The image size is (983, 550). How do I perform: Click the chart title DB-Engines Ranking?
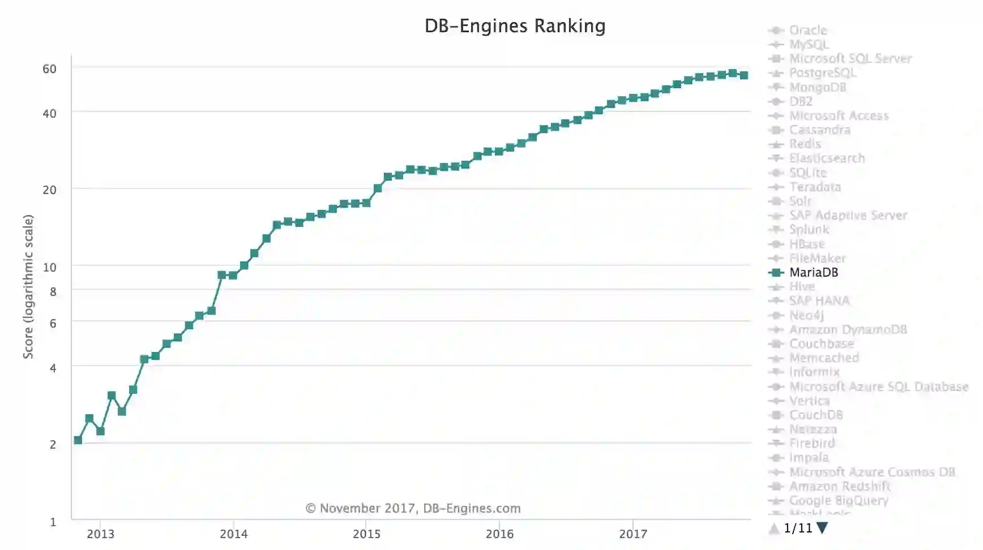pos(515,26)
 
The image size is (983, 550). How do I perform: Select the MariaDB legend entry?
pos(813,272)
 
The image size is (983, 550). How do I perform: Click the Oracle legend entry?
pos(807,31)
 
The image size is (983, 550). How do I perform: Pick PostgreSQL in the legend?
pos(822,73)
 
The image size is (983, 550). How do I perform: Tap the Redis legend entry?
pos(805,144)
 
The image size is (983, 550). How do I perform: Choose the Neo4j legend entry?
pos(806,315)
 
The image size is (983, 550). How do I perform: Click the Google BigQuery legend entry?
pos(838,500)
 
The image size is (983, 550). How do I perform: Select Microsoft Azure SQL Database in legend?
pos(878,386)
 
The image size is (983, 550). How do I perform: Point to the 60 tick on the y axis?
pos(50,69)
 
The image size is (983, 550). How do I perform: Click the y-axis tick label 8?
pos(53,292)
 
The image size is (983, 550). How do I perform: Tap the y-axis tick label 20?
pos(50,190)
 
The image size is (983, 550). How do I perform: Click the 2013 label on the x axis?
pos(100,534)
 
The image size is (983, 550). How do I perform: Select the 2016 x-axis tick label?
pos(499,534)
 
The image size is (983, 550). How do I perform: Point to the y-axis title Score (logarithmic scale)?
pos(28,286)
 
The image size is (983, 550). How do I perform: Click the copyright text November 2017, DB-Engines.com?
pos(413,508)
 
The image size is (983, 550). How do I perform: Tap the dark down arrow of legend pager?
pos(822,528)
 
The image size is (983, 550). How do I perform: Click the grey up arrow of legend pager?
pos(774,528)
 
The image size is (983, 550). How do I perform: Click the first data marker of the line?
pos(78,440)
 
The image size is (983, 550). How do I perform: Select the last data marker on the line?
pos(744,75)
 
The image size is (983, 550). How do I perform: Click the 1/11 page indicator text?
pos(798,528)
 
